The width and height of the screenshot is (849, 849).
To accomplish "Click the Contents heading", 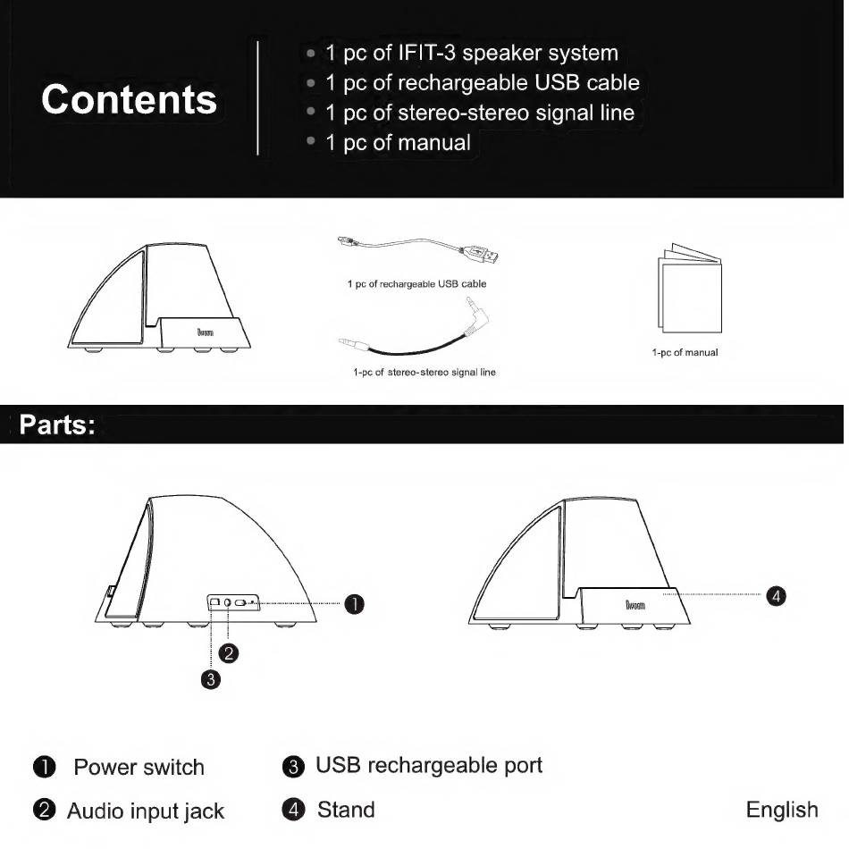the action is (x=130, y=99).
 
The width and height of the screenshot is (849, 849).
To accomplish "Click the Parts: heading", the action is (x=57, y=424).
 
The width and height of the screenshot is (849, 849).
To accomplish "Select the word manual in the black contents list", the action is (x=434, y=143).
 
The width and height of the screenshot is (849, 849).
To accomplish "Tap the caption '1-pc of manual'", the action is (x=685, y=352).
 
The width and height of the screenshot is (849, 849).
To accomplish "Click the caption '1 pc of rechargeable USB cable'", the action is (x=416, y=284).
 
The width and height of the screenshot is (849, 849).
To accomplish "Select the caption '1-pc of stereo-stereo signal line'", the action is (x=424, y=372).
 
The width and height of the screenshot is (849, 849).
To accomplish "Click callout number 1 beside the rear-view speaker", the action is (x=355, y=604).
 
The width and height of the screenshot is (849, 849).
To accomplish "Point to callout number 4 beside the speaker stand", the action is (x=778, y=595).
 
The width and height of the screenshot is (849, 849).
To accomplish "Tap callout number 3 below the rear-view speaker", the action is (x=211, y=680).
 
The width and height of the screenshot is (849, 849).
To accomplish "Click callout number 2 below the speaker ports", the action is (x=230, y=653).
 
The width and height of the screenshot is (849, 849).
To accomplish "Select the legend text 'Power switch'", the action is (x=139, y=768).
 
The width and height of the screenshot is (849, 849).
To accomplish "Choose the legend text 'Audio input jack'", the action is (x=146, y=811).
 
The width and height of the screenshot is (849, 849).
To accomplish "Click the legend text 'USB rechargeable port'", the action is (x=429, y=766).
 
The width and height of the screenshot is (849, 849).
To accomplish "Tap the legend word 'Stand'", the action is (x=346, y=811).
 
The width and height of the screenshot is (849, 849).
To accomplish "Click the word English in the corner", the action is (x=782, y=811).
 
